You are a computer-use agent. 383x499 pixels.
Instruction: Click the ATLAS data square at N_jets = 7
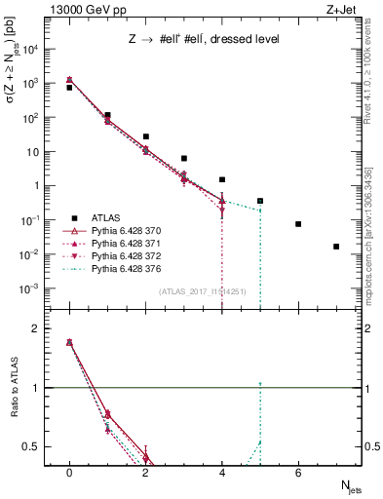pos(336,247)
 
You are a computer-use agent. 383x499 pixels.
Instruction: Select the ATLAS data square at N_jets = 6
pos(298,224)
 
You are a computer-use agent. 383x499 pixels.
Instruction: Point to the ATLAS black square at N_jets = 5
pos(260,201)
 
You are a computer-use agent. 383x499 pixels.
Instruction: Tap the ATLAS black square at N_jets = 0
pos(69,88)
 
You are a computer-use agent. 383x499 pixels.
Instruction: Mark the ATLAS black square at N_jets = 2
pos(145,136)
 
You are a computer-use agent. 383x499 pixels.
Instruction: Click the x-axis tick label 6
pos(298,473)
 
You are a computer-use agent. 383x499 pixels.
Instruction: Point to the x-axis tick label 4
pos(222,473)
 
